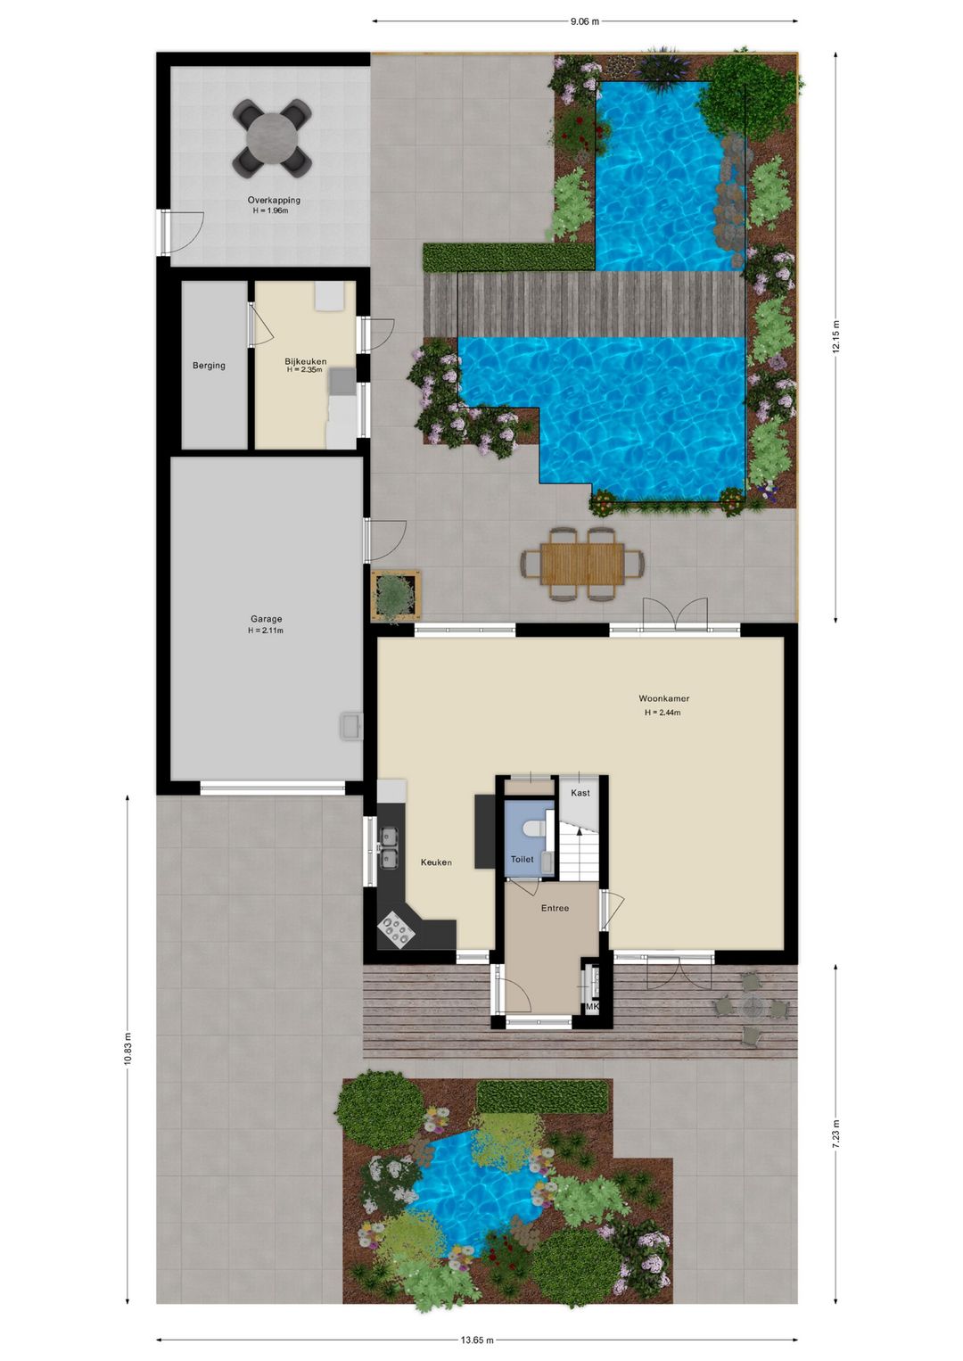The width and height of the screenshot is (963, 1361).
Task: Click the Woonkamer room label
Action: click(663, 698)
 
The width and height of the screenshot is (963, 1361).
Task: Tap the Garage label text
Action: click(266, 619)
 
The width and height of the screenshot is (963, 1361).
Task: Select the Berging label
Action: click(209, 365)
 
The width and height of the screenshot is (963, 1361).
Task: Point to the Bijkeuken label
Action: click(306, 361)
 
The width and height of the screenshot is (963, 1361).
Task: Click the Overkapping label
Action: click(274, 200)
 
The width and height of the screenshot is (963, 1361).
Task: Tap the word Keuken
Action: click(436, 862)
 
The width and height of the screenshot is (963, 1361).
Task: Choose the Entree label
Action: click(555, 908)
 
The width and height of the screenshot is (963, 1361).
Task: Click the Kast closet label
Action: click(580, 792)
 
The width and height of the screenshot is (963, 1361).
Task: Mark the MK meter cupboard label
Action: click(592, 1006)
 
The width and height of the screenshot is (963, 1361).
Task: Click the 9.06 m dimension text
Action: click(584, 22)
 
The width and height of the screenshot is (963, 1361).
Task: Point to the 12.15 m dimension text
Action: click(836, 336)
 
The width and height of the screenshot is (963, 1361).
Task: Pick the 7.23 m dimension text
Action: click(836, 1134)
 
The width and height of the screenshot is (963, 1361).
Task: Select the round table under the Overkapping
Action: click(272, 138)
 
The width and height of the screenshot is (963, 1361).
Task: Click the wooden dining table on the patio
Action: click(582, 564)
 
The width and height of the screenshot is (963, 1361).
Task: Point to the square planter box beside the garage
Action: click(396, 596)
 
